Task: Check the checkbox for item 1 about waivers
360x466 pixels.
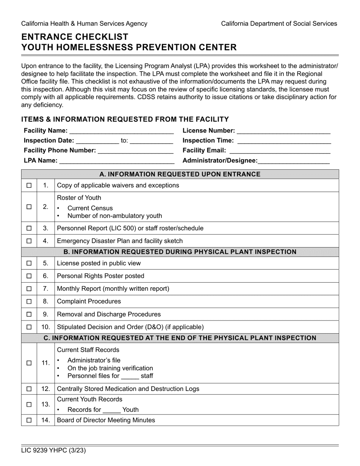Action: [29, 186]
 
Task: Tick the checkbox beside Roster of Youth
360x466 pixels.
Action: [29, 207]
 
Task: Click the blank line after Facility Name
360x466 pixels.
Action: [121, 131]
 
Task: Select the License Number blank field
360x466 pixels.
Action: [283, 131]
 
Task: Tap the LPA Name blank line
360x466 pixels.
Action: [117, 161]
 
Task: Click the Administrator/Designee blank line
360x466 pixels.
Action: [294, 161]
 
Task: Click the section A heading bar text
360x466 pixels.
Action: [180, 174]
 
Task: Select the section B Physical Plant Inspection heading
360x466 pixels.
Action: [180, 252]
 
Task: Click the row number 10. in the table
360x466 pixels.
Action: [45, 327]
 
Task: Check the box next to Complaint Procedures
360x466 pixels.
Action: [29, 302]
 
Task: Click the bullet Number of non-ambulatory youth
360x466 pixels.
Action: [114, 216]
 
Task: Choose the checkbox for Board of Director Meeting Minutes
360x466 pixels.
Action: [29, 420]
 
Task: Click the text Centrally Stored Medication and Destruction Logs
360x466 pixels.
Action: [128, 389]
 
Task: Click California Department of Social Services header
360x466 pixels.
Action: [279, 23]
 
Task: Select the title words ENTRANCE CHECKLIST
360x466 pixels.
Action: [75, 37]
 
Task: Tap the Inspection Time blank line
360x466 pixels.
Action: [284, 141]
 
